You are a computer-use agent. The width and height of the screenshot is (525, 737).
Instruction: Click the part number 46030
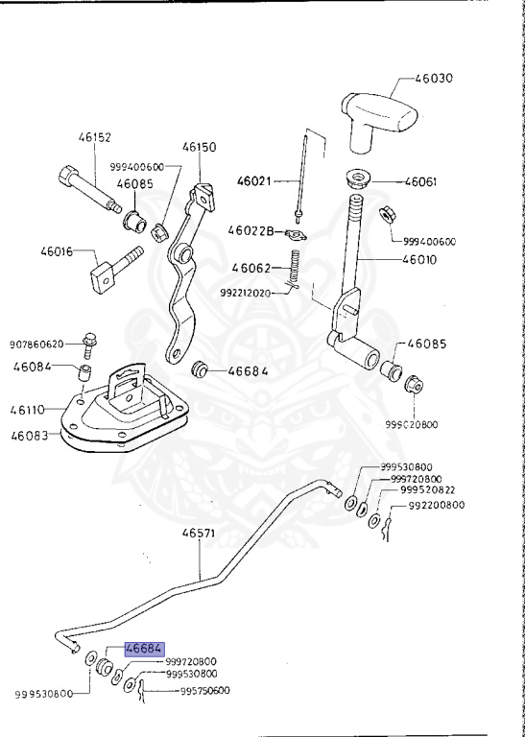[x=433, y=78]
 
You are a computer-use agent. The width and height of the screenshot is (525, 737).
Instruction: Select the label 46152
[x=95, y=138]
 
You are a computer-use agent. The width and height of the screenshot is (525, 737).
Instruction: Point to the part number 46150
[x=201, y=148]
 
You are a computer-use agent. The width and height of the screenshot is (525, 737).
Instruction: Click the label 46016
[x=58, y=252]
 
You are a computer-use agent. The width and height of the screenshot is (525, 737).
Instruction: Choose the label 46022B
[x=251, y=230]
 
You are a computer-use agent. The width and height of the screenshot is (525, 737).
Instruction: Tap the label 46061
[x=420, y=180]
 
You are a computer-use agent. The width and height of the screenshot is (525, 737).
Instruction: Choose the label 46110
[x=29, y=410]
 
